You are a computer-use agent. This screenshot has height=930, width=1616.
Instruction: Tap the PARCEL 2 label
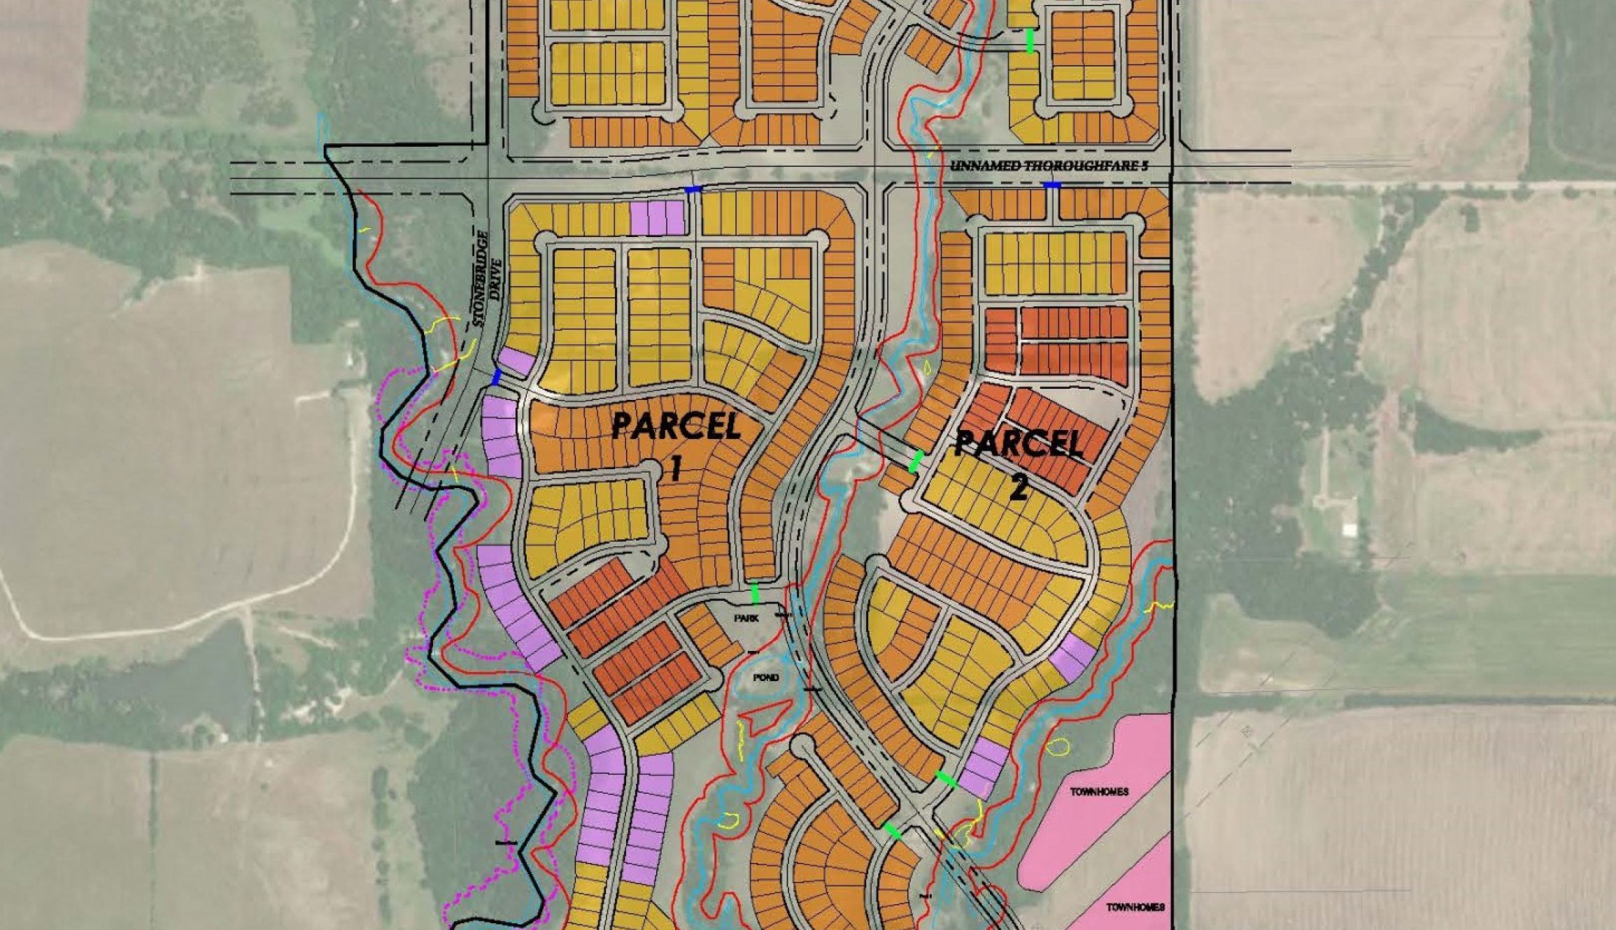tap(1019, 462)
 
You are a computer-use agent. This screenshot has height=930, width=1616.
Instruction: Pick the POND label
tap(766, 678)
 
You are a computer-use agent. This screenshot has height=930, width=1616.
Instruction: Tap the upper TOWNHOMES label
tap(1099, 792)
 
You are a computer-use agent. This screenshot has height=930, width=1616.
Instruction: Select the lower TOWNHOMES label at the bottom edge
tap(1135, 907)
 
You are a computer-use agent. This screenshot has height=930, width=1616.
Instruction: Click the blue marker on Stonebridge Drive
tap(496, 378)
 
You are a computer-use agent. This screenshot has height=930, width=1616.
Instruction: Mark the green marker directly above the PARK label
tap(755, 593)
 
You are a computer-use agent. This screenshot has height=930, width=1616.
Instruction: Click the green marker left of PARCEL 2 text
tap(916, 461)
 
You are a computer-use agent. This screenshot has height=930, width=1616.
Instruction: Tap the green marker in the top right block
tap(1030, 41)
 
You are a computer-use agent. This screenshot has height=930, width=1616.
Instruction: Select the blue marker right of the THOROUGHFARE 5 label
tap(1051, 185)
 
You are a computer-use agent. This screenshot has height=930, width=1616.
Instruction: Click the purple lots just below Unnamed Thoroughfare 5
tap(658, 217)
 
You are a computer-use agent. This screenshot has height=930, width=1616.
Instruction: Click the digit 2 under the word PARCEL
tap(1019, 487)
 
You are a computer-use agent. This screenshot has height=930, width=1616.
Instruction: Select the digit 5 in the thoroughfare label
tap(1145, 166)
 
